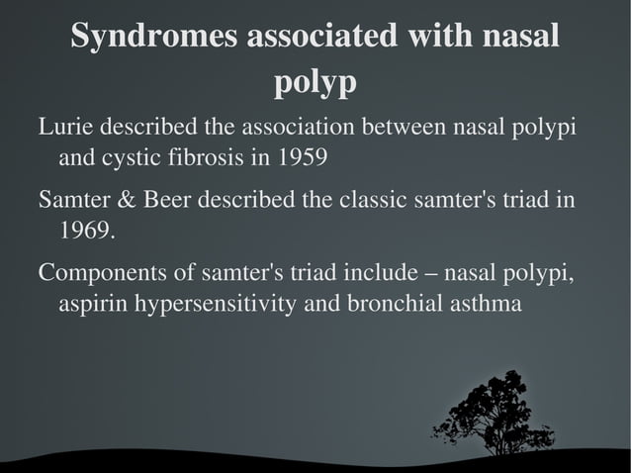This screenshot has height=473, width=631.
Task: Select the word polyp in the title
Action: point(315,85)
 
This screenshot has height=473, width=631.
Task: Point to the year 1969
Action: point(84,233)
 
